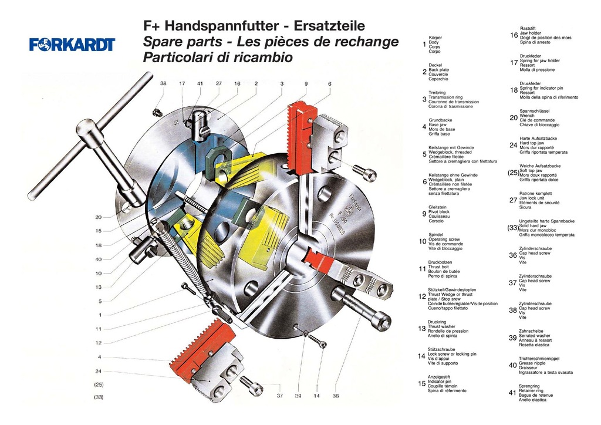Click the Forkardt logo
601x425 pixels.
pyautogui.click(x=72, y=45)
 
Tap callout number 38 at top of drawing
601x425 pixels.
pyautogui.click(x=163, y=83)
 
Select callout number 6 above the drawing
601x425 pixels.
pyautogui.click(x=329, y=83)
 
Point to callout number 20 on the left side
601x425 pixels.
pyautogui.click(x=98, y=217)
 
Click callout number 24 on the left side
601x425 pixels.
pyautogui.click(x=98, y=371)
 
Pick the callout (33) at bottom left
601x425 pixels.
pyautogui.click(x=99, y=397)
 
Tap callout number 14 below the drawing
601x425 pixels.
pyautogui.click(x=316, y=396)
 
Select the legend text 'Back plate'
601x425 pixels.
pyautogui.click(x=438, y=70)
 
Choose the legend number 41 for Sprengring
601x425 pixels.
pyautogui.click(x=512, y=393)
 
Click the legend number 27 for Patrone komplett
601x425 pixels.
pyautogui.click(x=512, y=200)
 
